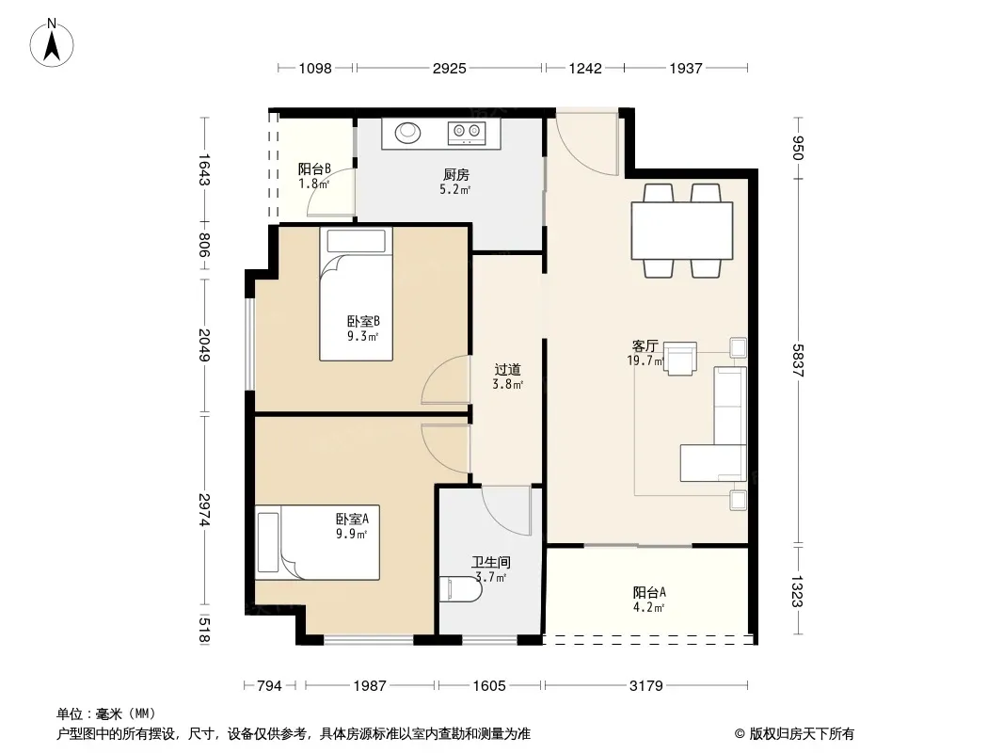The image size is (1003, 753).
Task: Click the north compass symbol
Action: pyautogui.click(x=52, y=43)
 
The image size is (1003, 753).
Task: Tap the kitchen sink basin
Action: pyautogui.click(x=407, y=133)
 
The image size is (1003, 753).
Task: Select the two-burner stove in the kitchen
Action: pyautogui.click(x=467, y=132)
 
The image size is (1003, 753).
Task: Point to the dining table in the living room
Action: pyautogui.click(x=682, y=231)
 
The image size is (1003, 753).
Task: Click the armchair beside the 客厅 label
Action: pyautogui.click(x=679, y=359)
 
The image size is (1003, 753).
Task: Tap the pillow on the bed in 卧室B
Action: pyautogui.click(x=357, y=241)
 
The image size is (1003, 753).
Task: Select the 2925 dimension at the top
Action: pyautogui.click(x=450, y=68)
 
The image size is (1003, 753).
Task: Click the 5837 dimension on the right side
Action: pyautogui.click(x=798, y=360)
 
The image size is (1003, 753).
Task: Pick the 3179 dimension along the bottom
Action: pyautogui.click(x=646, y=686)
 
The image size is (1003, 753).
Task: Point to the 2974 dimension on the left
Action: pyautogui.click(x=204, y=510)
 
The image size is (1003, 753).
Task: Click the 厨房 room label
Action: pyautogui.click(x=456, y=175)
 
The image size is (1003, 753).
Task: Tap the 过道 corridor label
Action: pyautogui.click(x=507, y=370)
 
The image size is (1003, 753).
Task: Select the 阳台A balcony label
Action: pyautogui.click(x=649, y=592)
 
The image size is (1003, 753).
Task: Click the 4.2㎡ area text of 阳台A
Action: pyautogui.click(x=649, y=608)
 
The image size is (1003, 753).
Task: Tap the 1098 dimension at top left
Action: pyautogui.click(x=315, y=68)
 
